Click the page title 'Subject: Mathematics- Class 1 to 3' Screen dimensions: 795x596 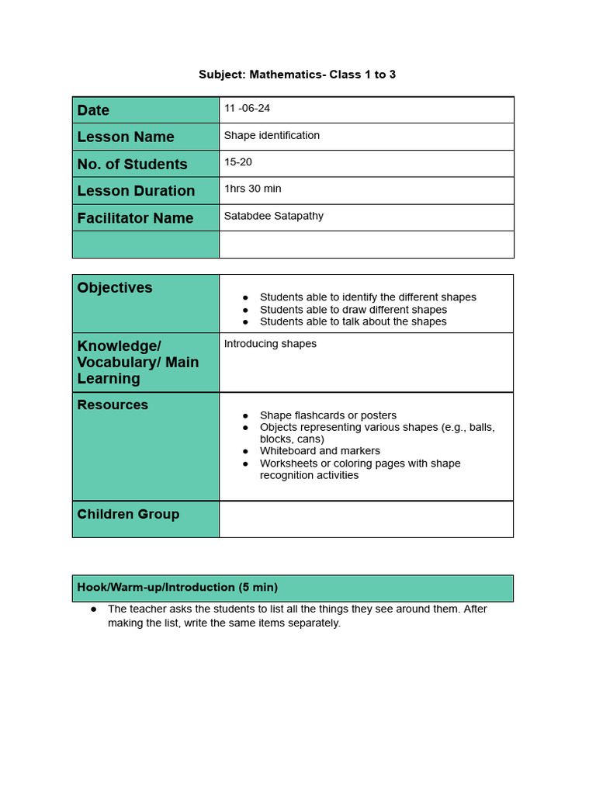pos(297,75)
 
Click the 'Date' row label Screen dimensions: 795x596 pos(94,110)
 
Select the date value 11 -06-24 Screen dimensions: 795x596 pos(247,108)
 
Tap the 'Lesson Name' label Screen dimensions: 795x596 pos(126,137)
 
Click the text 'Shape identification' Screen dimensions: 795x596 pos(272,135)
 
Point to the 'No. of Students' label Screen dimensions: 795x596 pos(132,164)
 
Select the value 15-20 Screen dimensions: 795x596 pos(237,161)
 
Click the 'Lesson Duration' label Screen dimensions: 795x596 pos(136,191)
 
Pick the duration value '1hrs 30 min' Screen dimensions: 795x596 pos(252,189)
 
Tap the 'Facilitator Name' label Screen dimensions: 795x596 pos(135,218)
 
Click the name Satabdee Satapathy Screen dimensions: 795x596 pos(273,216)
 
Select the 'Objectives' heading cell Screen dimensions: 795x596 pos(115,288)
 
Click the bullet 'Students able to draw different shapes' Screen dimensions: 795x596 pos(353,310)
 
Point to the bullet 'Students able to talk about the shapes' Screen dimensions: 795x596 pos(353,321)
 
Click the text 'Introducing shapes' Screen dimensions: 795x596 pos(270,344)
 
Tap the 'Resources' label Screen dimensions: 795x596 pos(113,405)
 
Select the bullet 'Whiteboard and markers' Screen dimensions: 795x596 pos(320,451)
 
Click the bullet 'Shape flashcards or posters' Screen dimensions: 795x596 pos(327,415)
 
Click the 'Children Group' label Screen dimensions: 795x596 pos(128,514)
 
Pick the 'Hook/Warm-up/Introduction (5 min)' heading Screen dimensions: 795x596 pos(178,588)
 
